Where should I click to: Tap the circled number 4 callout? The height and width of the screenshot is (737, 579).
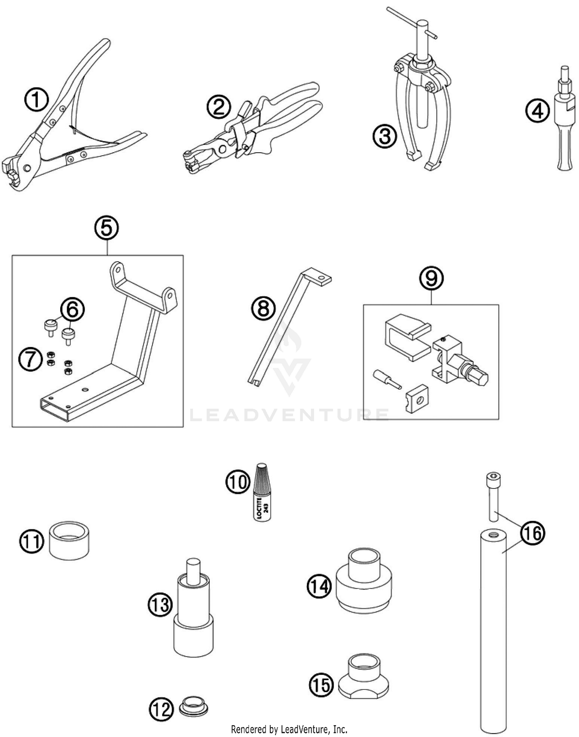click(537, 111)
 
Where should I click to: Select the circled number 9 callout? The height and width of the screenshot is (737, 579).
click(431, 278)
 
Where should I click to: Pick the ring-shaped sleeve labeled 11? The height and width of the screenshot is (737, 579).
click(69, 540)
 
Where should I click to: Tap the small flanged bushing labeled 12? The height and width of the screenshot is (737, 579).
click(194, 707)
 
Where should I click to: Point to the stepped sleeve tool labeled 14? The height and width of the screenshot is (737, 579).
click(364, 581)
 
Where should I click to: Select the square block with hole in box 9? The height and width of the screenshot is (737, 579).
click(417, 398)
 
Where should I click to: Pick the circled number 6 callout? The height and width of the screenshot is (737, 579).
click(73, 310)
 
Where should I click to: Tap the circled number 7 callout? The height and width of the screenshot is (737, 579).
click(30, 359)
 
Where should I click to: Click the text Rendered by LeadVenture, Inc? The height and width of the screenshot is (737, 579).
click(289, 729)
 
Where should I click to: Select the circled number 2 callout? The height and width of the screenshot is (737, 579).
click(219, 107)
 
